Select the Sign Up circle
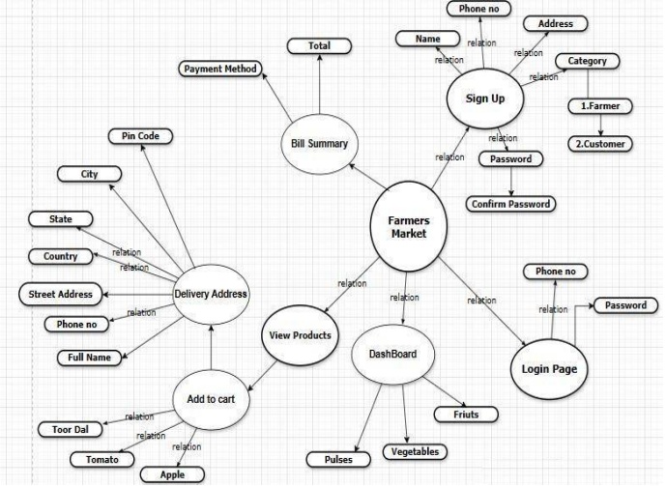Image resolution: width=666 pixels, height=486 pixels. coord(484,99)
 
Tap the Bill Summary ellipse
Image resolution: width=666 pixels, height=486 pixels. coord(318,145)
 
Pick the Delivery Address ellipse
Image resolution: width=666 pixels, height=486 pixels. coord(211,294)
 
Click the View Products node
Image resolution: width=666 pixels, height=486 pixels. coord(300,336)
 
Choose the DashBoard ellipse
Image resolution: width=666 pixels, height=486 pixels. coord(392,355)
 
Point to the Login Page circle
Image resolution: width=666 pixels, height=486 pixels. coord(547,369)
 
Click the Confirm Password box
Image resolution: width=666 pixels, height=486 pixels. coord(510,204)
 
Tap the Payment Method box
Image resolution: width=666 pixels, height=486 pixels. coord(221,69)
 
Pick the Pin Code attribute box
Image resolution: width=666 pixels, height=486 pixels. coord(140,136)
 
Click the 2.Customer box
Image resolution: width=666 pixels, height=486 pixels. coord(601,144)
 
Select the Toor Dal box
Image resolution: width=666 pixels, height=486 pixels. coord(66,429)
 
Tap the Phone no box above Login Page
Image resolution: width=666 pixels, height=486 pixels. coord(555,272)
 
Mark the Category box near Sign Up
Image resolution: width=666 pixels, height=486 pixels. coord(587,61)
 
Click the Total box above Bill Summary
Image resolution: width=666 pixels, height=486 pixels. coord(319,45)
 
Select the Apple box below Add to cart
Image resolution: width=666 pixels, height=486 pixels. coord(162,474)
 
